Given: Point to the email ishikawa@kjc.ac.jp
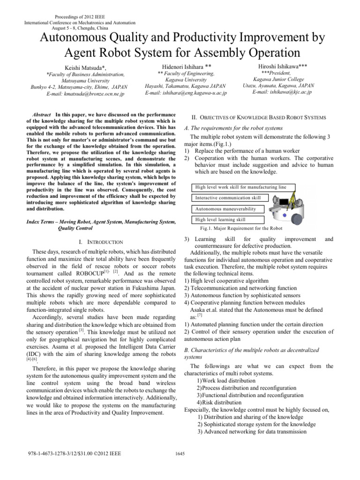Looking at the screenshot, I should click(282, 92).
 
